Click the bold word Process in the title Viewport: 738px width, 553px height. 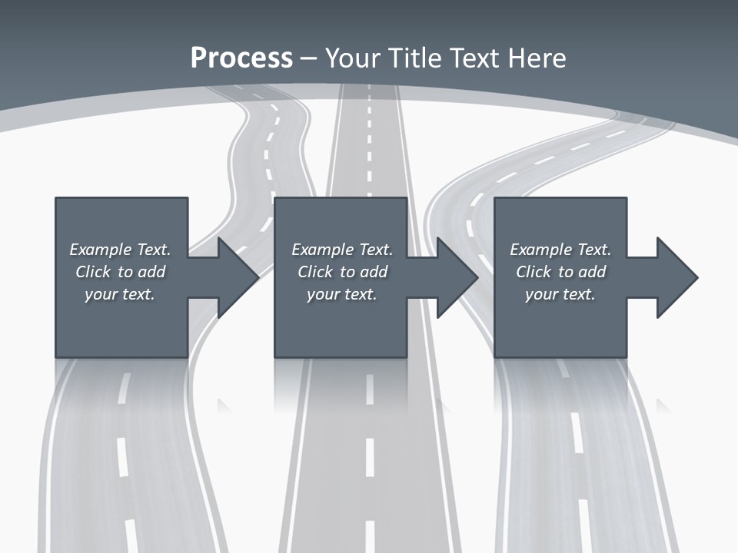click(241, 58)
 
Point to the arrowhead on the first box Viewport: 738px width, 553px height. click(237, 277)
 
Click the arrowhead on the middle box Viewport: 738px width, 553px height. click(456, 277)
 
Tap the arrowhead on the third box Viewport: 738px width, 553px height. click(676, 277)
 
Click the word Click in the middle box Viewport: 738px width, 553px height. click(315, 272)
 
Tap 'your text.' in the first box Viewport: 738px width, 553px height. click(119, 294)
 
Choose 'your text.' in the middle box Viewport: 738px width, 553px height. click(341, 294)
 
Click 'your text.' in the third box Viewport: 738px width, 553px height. click(560, 294)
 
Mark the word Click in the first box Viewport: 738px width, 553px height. click(93, 272)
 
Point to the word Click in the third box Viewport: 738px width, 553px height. click(534, 272)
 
